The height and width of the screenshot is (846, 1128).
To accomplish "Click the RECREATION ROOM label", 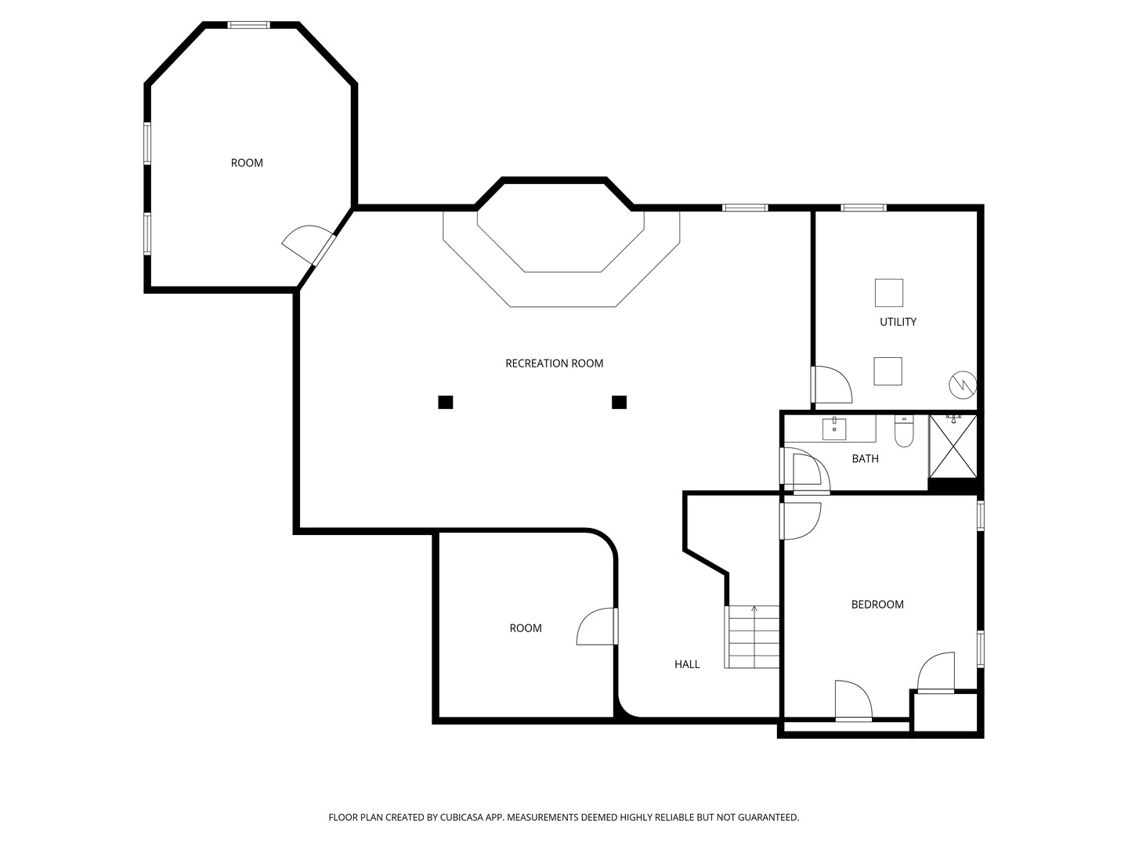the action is [x=554, y=363].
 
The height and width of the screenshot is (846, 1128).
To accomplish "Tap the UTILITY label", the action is [x=898, y=322].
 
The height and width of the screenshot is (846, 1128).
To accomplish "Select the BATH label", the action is [x=865, y=459].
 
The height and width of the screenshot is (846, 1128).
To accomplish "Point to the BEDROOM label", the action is [x=877, y=605].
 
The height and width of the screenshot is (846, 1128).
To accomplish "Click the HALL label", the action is [x=687, y=664].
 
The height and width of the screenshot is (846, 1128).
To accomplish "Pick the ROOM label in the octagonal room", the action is [x=247, y=163].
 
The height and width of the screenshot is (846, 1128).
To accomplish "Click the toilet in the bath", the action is [x=904, y=431].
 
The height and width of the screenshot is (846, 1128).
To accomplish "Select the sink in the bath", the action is [x=834, y=428].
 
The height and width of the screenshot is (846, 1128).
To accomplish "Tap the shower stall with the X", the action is [x=953, y=446].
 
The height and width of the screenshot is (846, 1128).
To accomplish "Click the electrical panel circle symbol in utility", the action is [x=963, y=385].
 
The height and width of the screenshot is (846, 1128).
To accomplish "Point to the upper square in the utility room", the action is [x=889, y=293].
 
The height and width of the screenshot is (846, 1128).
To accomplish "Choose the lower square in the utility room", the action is [x=888, y=371].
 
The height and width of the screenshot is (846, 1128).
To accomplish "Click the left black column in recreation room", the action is [x=446, y=402].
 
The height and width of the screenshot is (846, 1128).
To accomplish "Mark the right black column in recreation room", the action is [x=620, y=402].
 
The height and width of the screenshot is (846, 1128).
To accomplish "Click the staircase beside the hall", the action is [x=752, y=637].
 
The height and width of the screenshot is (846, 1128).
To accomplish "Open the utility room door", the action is [x=831, y=384].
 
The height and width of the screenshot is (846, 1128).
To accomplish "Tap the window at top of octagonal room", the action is [x=249, y=24].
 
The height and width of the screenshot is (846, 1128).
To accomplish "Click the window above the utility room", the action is [x=863, y=208].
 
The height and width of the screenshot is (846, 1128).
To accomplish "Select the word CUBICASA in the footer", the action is [x=461, y=817].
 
